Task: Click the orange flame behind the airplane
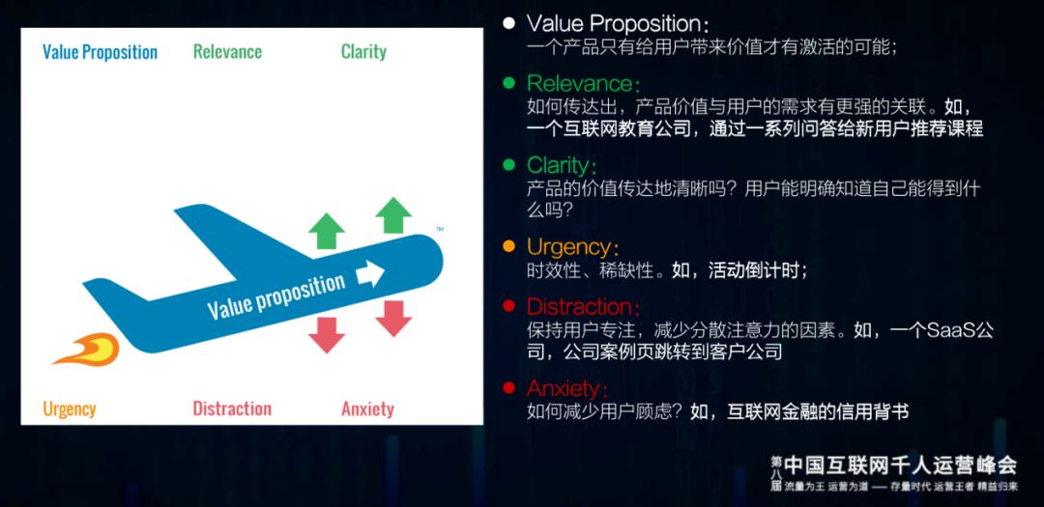coord(89,349)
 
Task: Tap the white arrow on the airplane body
coord(370,274)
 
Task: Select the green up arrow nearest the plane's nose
coord(393,214)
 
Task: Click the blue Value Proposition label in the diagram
coord(100,52)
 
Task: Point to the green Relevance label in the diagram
coord(227,52)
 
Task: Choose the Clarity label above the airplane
coord(363,52)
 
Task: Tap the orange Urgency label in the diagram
coord(70,408)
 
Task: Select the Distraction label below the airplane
coord(232,408)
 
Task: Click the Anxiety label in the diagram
coord(367,408)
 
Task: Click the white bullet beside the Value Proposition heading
coord(508,23)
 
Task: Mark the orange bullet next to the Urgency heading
coord(508,247)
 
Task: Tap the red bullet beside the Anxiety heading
coord(508,388)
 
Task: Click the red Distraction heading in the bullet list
coord(583,307)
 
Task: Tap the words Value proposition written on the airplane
coord(276,296)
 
